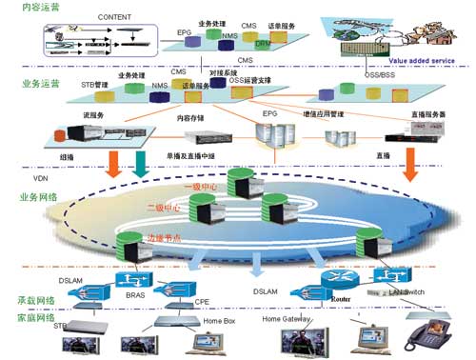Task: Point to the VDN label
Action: coord(41,178)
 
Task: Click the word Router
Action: coord(341,298)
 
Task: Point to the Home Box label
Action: coord(220,320)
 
